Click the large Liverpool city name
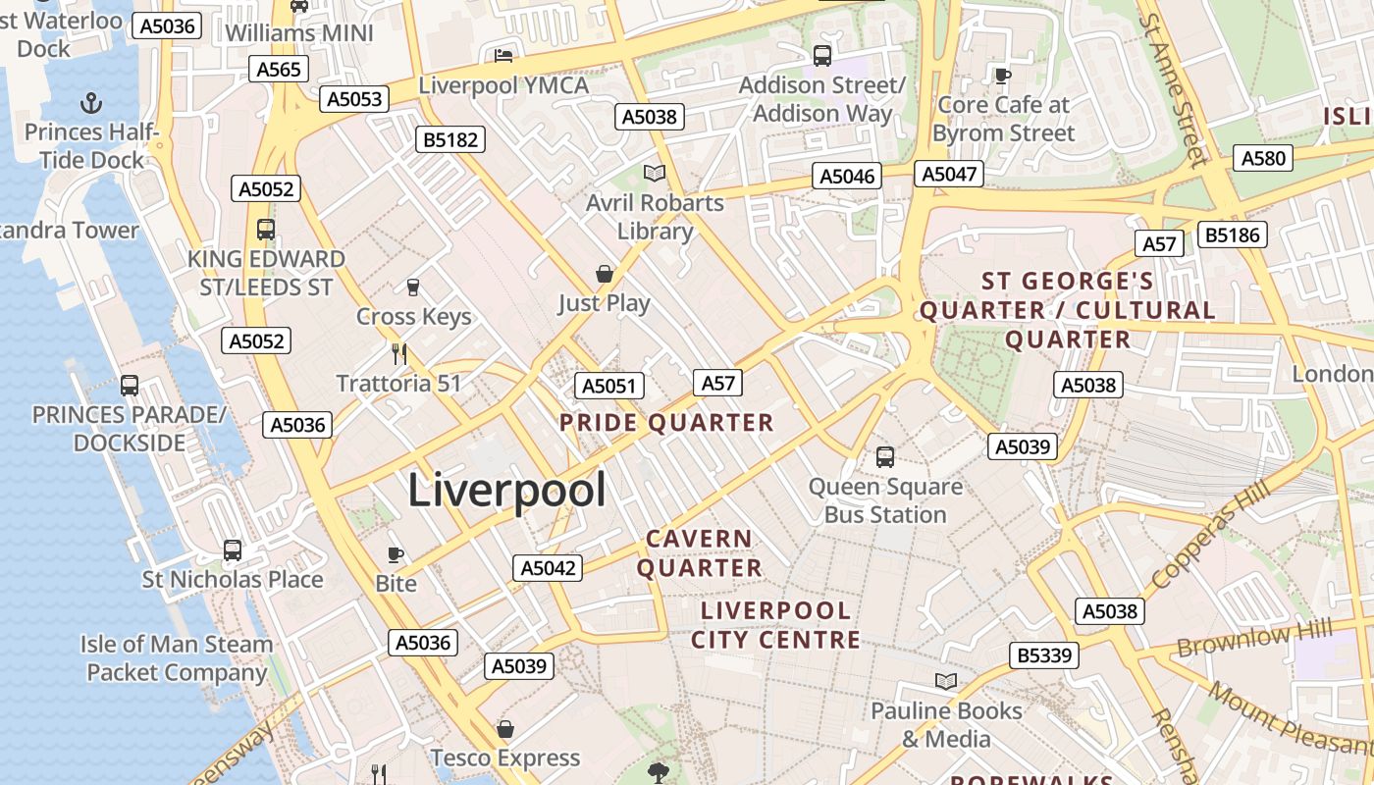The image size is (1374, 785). pyautogui.click(x=506, y=490)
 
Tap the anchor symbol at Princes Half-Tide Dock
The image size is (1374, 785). pyautogui.click(x=91, y=102)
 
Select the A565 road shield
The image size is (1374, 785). pyautogui.click(x=280, y=69)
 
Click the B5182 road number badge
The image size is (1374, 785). pyautogui.click(x=450, y=139)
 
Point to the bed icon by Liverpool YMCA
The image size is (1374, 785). pyautogui.click(x=503, y=55)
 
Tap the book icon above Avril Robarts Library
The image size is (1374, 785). pyautogui.click(x=655, y=174)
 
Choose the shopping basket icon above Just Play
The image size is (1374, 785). pyautogui.click(x=605, y=274)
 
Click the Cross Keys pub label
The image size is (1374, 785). pyautogui.click(x=413, y=316)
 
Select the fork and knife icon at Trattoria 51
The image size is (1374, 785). pyautogui.click(x=398, y=353)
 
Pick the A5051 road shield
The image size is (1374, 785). pyautogui.click(x=609, y=386)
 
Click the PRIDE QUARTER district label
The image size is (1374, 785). pyautogui.click(x=666, y=423)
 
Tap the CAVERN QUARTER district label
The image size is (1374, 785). pyautogui.click(x=699, y=553)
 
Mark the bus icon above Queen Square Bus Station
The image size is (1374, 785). pyautogui.click(x=885, y=456)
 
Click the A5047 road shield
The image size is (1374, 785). pyautogui.click(x=948, y=174)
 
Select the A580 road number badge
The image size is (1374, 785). pyautogui.click(x=1263, y=158)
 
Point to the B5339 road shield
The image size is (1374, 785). pyautogui.click(x=1044, y=654)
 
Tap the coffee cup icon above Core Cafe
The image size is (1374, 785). pyautogui.click(x=1002, y=75)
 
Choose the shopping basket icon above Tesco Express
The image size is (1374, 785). pyautogui.click(x=505, y=729)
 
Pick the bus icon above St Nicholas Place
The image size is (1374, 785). pyautogui.click(x=233, y=550)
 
